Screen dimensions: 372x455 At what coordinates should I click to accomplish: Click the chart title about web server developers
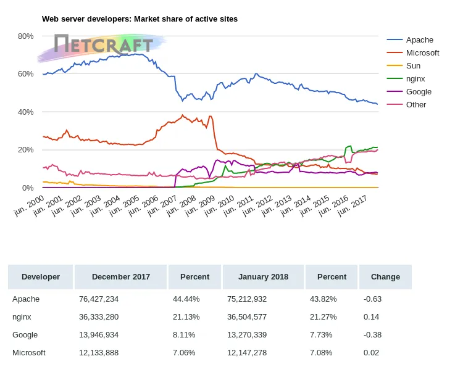click(140, 19)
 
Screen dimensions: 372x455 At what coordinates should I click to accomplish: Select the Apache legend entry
click(420, 40)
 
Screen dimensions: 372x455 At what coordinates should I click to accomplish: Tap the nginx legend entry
click(415, 79)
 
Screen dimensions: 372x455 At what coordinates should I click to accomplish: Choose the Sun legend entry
click(412, 66)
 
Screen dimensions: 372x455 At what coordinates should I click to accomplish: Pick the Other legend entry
click(416, 105)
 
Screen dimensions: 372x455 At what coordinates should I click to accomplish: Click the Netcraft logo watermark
click(103, 45)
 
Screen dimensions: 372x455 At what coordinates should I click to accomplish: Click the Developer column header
click(41, 277)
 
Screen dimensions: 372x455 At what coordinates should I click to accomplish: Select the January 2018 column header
click(264, 277)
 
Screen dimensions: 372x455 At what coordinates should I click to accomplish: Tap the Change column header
click(385, 277)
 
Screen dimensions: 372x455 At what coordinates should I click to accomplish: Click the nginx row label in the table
click(22, 317)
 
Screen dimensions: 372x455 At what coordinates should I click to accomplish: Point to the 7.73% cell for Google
click(321, 335)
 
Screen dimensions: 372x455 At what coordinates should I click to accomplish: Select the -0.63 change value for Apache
click(373, 299)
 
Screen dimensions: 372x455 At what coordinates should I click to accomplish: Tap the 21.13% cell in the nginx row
click(184, 317)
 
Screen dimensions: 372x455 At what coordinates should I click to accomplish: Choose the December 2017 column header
click(121, 277)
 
